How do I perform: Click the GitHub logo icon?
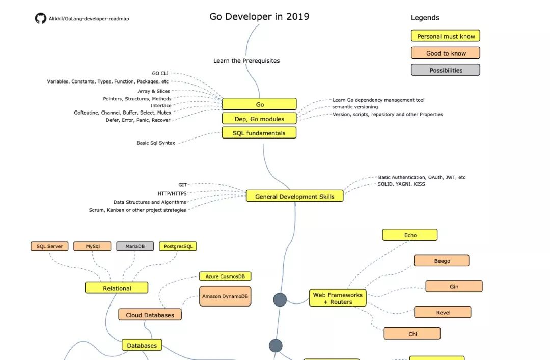(x=41, y=19)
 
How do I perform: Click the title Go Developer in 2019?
(x=259, y=17)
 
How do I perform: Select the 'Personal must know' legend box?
(x=446, y=36)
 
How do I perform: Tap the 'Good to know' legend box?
(x=446, y=53)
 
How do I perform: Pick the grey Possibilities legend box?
(x=446, y=70)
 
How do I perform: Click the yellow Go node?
(x=260, y=104)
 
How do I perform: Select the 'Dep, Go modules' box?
(x=259, y=119)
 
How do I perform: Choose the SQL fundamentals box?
(x=259, y=133)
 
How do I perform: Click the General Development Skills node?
(x=295, y=196)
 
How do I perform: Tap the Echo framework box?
(x=410, y=235)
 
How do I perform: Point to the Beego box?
(x=442, y=261)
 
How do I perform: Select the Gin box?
(x=454, y=286)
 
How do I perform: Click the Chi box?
(x=412, y=334)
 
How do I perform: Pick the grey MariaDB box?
(x=135, y=246)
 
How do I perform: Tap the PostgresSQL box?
(x=178, y=246)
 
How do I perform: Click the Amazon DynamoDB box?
(x=225, y=296)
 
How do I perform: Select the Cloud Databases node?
(x=150, y=315)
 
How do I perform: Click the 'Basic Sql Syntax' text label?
(x=156, y=143)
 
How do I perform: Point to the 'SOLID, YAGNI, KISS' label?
(x=401, y=184)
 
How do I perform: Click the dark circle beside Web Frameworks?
(x=280, y=300)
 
